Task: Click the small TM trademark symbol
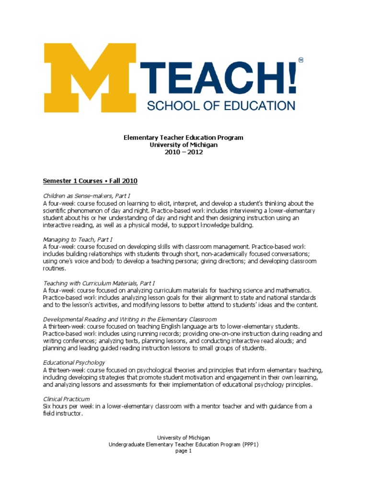point(300,60)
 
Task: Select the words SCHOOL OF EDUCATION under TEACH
point(221,105)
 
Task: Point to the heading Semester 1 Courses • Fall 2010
point(90,181)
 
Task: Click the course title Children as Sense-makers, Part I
point(86,196)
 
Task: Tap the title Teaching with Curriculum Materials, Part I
point(99,283)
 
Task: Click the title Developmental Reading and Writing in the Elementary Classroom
point(130,319)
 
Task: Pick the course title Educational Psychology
point(74,362)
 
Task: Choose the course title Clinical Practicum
point(66,399)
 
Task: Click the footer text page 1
point(184,451)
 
